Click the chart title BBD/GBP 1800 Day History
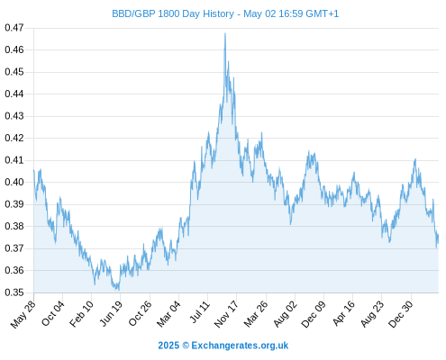coord(173,13)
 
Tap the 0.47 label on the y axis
coord(14,28)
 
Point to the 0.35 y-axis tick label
coord(14,292)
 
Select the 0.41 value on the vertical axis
coord(14,160)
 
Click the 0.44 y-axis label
coord(14,94)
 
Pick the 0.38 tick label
coord(14,226)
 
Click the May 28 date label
coord(23,314)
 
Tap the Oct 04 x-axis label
coord(52,313)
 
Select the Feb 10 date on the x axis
coord(81,313)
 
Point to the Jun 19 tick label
coord(111,313)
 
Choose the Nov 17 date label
coord(226,314)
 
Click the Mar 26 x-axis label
coord(256,314)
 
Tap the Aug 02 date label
coord(285,314)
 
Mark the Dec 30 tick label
coord(401,314)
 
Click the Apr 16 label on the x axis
coord(343,313)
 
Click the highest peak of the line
coord(225,33)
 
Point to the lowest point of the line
coord(119,290)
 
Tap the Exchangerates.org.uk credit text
coord(240,346)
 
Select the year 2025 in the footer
coord(168,346)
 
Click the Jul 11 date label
coord(199,312)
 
